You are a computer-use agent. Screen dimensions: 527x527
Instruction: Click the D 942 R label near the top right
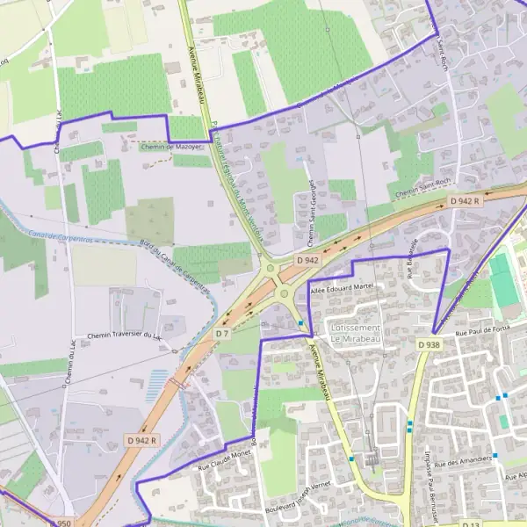[x=466, y=201]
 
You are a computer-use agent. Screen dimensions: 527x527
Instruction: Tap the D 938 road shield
[x=429, y=345]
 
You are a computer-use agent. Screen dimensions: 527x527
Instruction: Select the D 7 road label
[x=222, y=334]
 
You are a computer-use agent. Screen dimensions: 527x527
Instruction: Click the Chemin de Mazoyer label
[x=173, y=147]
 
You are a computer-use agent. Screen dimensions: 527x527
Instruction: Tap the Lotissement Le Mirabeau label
[x=356, y=332]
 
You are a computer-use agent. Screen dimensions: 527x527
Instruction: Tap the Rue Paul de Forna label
[x=482, y=332]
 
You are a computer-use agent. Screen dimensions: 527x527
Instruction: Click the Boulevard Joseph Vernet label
[x=300, y=500]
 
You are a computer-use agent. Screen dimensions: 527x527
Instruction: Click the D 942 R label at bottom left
[x=141, y=440]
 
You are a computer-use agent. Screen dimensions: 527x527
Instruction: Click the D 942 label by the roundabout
[x=307, y=261]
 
